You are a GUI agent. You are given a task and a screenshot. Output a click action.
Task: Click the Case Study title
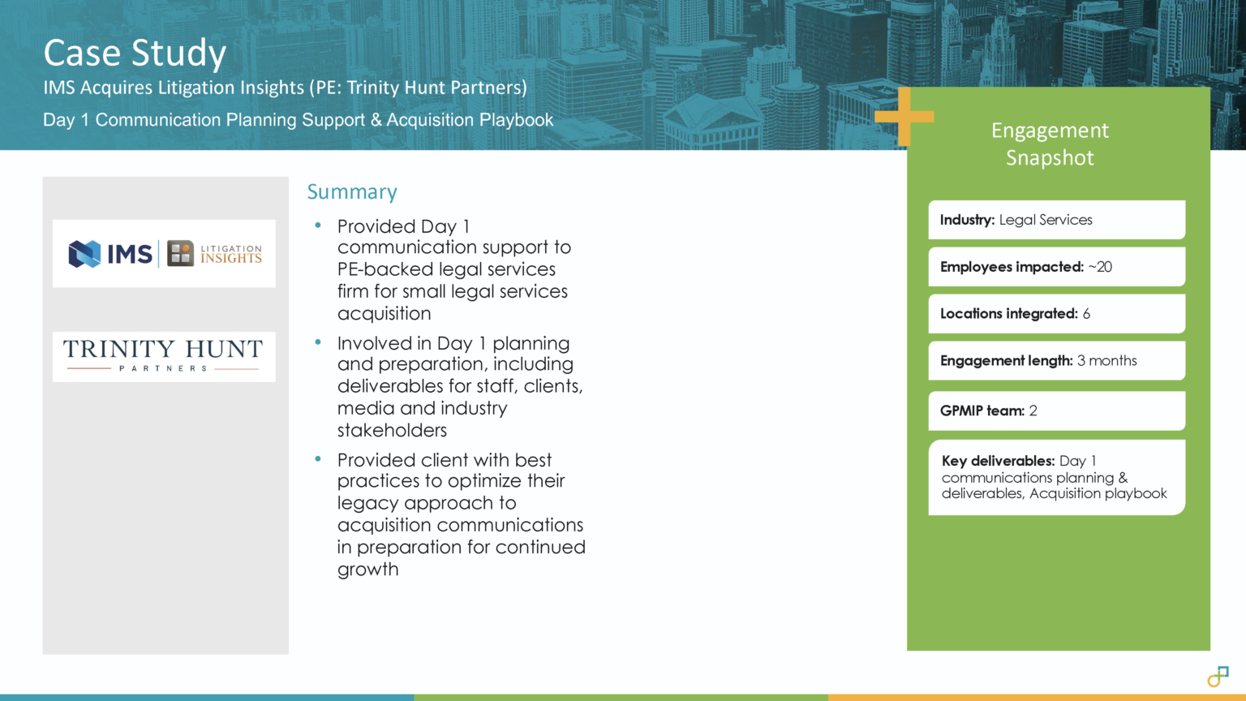(135, 54)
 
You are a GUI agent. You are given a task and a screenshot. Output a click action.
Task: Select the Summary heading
(352, 192)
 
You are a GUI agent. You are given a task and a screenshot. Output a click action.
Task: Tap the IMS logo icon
(85, 254)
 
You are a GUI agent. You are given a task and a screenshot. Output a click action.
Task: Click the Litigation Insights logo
(215, 254)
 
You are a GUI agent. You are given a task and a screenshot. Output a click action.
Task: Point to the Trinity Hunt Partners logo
(163, 356)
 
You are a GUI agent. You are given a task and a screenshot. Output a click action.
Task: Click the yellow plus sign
(904, 117)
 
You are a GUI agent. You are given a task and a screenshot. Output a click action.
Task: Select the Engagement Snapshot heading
(1050, 144)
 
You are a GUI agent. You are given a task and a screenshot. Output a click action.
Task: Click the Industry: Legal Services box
(1056, 220)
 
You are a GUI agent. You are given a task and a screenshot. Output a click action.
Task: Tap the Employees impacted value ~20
(1100, 267)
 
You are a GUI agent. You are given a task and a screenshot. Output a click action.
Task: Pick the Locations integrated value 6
(1086, 314)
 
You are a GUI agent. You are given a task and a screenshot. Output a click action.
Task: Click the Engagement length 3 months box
(1056, 361)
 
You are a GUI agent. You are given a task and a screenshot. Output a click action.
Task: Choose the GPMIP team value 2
(1033, 411)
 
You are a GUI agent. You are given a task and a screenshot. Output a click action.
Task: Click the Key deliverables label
(998, 461)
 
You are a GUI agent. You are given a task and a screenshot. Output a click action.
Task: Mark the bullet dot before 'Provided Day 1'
(319, 225)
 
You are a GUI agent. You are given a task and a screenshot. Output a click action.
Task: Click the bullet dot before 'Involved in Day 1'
(319, 342)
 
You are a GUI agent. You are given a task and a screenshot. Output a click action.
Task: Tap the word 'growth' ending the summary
(368, 570)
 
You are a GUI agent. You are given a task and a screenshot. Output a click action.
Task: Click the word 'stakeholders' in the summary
(392, 431)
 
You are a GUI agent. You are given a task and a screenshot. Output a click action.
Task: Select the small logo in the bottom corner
(1218, 676)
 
